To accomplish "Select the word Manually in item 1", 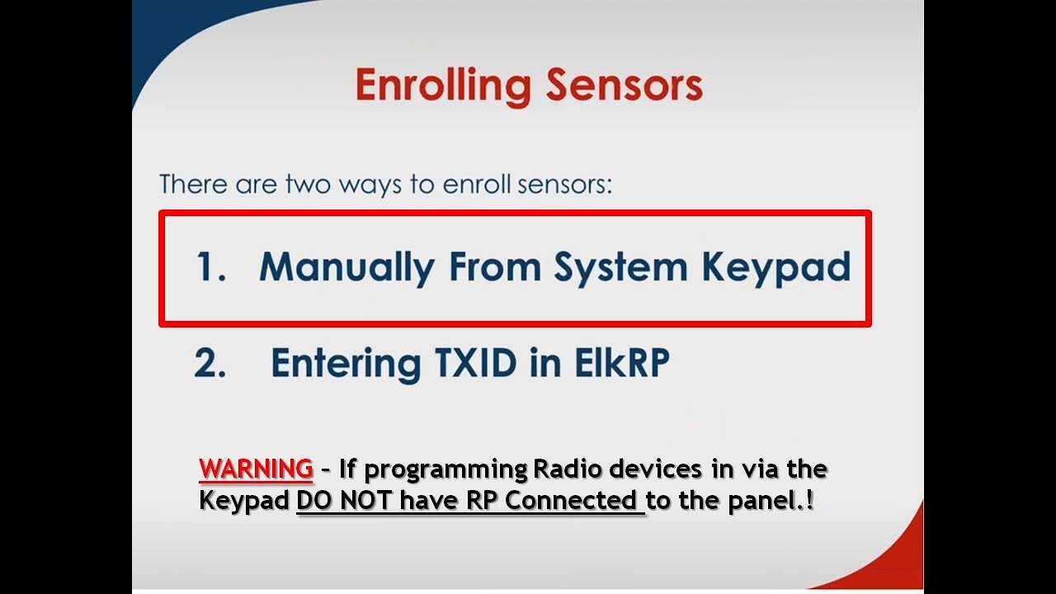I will (x=346, y=267).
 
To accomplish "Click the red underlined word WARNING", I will (x=256, y=469).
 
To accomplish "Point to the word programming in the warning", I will (x=445, y=470).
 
